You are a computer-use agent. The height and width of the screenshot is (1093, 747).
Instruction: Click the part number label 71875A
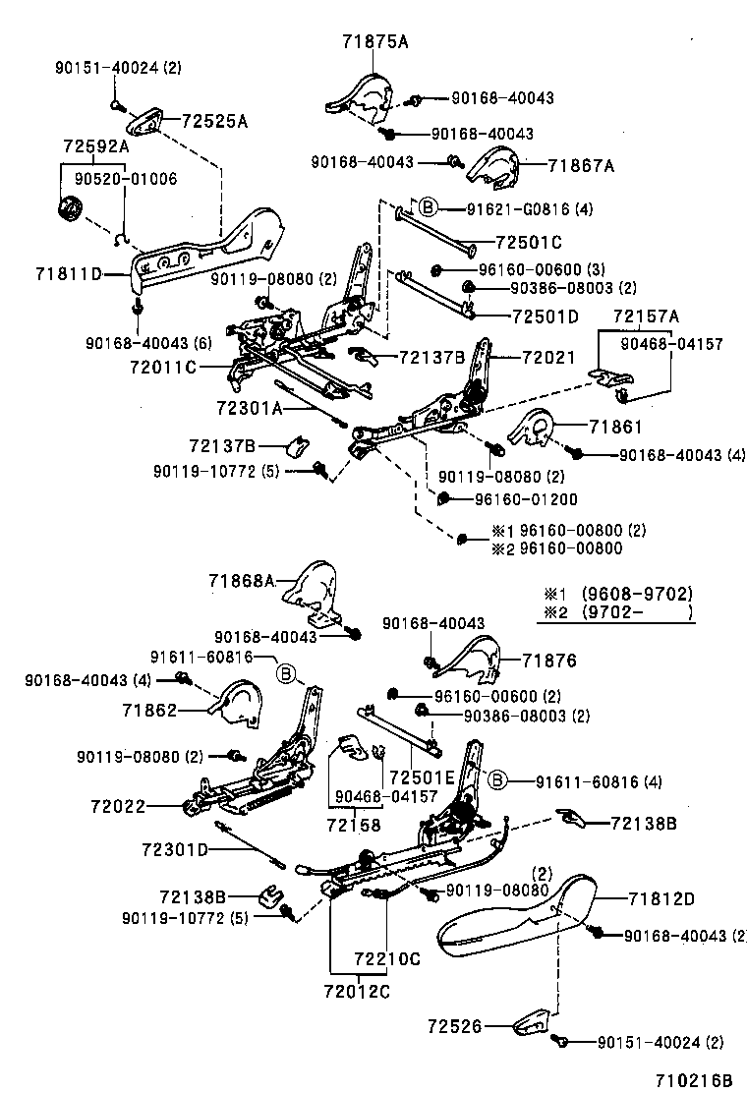coord(374,42)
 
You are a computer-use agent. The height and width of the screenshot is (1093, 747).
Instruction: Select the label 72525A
coord(214,121)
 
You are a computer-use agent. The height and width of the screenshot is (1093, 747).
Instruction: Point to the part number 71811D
coord(68,274)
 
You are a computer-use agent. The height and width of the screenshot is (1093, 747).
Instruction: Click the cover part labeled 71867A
coord(493,169)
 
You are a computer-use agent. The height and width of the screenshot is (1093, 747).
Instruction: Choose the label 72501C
coord(529,243)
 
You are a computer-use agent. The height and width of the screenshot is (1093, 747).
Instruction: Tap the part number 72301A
coord(250,408)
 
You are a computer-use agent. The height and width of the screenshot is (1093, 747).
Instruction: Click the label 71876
coord(549,661)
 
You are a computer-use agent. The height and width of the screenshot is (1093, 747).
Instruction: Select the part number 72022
coord(119,807)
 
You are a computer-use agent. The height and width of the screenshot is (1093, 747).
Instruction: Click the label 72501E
coord(423,777)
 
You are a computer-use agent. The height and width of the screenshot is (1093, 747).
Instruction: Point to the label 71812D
coord(661,899)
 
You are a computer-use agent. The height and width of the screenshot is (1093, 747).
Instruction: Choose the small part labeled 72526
coord(535,1022)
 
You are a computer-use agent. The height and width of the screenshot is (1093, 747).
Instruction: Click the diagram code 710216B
coord(693,1080)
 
